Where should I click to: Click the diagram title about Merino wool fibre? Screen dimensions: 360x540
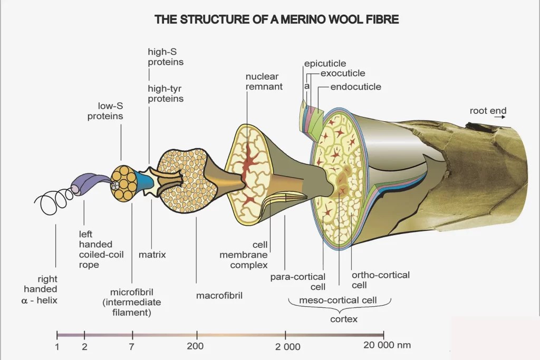276,20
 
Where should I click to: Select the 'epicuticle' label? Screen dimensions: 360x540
325,64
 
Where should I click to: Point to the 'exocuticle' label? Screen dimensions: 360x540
342,74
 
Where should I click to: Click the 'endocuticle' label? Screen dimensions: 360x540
355,86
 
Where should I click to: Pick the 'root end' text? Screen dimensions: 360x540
488,111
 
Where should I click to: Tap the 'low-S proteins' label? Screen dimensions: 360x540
105,112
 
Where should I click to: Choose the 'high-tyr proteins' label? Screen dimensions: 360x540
165,94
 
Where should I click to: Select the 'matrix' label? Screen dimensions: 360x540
152,255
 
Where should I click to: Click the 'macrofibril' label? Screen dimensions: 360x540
219,295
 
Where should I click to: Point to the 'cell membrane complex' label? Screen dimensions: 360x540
248,255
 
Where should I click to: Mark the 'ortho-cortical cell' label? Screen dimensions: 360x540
380,280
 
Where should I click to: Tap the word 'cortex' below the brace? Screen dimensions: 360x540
344,319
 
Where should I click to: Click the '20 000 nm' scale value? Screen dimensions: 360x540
387,346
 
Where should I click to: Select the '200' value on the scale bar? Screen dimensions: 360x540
195,346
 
